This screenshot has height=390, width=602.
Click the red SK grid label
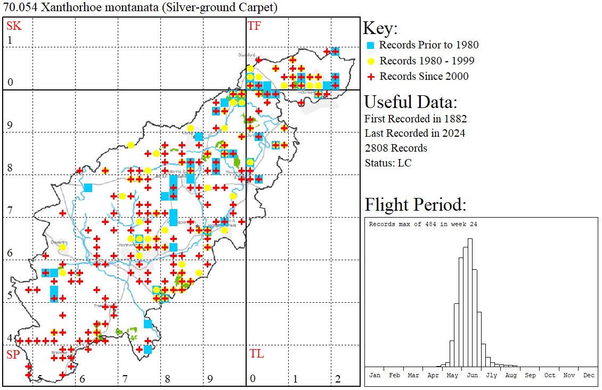click(x=13, y=26)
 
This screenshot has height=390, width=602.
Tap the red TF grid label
click(x=255, y=26)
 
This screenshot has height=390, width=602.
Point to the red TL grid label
click(x=256, y=353)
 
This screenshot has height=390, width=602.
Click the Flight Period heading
click(x=416, y=204)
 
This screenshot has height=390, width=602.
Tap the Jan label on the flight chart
click(x=375, y=375)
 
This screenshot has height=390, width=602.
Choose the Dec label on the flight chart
click(x=589, y=375)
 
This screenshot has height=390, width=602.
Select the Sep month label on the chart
click(x=530, y=375)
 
